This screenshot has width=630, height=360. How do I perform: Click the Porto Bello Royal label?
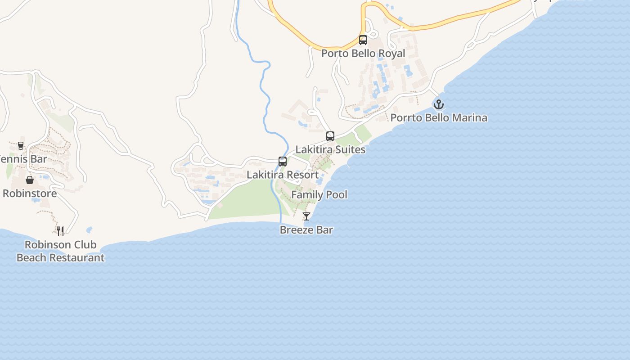click(x=363, y=54)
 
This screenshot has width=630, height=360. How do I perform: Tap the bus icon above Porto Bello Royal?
click(x=363, y=40)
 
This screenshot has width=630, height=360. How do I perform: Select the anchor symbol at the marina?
click(x=438, y=104)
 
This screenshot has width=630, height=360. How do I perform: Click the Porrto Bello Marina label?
click(x=439, y=118)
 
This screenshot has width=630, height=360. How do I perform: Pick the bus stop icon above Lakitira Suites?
click(x=330, y=136)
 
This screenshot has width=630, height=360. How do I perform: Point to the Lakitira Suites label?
click(x=330, y=149)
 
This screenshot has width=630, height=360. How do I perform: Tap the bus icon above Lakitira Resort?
click(x=283, y=162)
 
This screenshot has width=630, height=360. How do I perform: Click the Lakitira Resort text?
click(x=283, y=175)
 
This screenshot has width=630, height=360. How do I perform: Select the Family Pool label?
click(x=319, y=195)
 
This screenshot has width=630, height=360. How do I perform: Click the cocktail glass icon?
click(x=306, y=216)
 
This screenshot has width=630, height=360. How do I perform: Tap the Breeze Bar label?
click(x=306, y=230)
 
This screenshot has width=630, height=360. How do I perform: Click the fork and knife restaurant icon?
click(x=60, y=231)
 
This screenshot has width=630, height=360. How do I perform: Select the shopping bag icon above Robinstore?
click(x=30, y=180)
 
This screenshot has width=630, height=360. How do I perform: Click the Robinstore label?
click(x=30, y=193)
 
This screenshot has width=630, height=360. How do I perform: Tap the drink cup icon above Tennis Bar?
click(x=21, y=145)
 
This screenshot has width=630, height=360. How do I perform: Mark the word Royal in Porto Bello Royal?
click(x=391, y=54)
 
